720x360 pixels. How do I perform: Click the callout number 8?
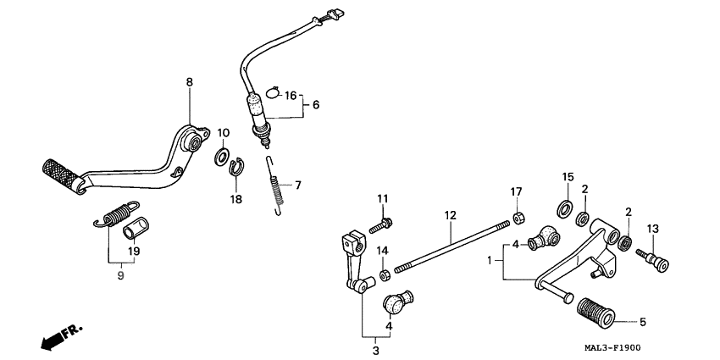click(189, 82)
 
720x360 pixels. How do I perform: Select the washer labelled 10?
click(221, 156)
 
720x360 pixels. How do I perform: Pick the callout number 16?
click(290, 96)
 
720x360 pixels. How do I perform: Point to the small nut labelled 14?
click(384, 274)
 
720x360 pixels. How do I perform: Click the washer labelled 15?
click(563, 208)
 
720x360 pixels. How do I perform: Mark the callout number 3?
click(375, 350)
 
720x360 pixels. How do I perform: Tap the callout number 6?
click(316, 106)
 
